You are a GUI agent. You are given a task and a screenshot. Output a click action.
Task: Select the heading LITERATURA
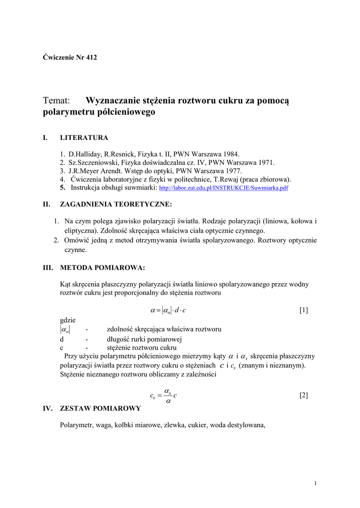click(x=84, y=137)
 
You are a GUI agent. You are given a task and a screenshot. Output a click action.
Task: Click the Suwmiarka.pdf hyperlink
click(x=223, y=189)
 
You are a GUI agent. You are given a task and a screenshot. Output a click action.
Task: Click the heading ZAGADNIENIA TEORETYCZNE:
click(x=116, y=204)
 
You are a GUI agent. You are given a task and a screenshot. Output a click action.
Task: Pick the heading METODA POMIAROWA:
click(x=102, y=268)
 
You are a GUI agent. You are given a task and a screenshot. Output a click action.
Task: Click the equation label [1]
click(x=304, y=311)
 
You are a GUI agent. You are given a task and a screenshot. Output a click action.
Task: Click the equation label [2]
click(x=304, y=395)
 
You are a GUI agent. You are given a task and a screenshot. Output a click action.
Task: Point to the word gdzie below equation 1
click(x=68, y=320)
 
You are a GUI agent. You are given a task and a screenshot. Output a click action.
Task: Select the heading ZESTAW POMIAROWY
click(x=100, y=408)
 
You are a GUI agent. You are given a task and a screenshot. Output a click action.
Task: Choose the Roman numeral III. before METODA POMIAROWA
click(x=48, y=268)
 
